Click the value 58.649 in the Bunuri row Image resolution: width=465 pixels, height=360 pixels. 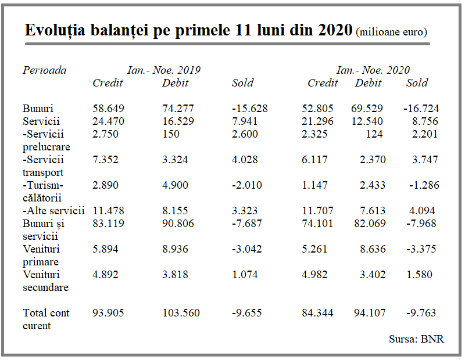108,109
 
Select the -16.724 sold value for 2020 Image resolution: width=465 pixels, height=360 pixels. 421,109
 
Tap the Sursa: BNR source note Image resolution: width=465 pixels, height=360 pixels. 416,339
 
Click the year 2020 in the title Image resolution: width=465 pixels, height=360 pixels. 335,30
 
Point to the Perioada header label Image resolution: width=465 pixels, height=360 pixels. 45,70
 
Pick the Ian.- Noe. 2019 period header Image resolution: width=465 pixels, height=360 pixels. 164,70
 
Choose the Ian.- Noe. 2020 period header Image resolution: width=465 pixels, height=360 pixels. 373,70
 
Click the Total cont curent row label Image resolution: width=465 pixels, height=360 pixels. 46,319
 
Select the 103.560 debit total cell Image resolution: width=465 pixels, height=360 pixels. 181,313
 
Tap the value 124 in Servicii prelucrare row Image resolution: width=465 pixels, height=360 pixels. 374,134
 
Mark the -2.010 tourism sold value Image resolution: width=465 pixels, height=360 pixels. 246,185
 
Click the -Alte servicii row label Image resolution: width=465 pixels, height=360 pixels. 53,211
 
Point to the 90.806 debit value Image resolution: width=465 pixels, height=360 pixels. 178,224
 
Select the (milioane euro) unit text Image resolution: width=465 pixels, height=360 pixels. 391,32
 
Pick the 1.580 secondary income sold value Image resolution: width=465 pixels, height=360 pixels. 419,275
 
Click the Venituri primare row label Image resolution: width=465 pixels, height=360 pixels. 41,255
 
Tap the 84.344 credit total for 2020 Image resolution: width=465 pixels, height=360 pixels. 317,313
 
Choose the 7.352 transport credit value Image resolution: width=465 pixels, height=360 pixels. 105,160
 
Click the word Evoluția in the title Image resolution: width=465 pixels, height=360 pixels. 55,30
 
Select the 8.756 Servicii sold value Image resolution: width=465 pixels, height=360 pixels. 425,121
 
